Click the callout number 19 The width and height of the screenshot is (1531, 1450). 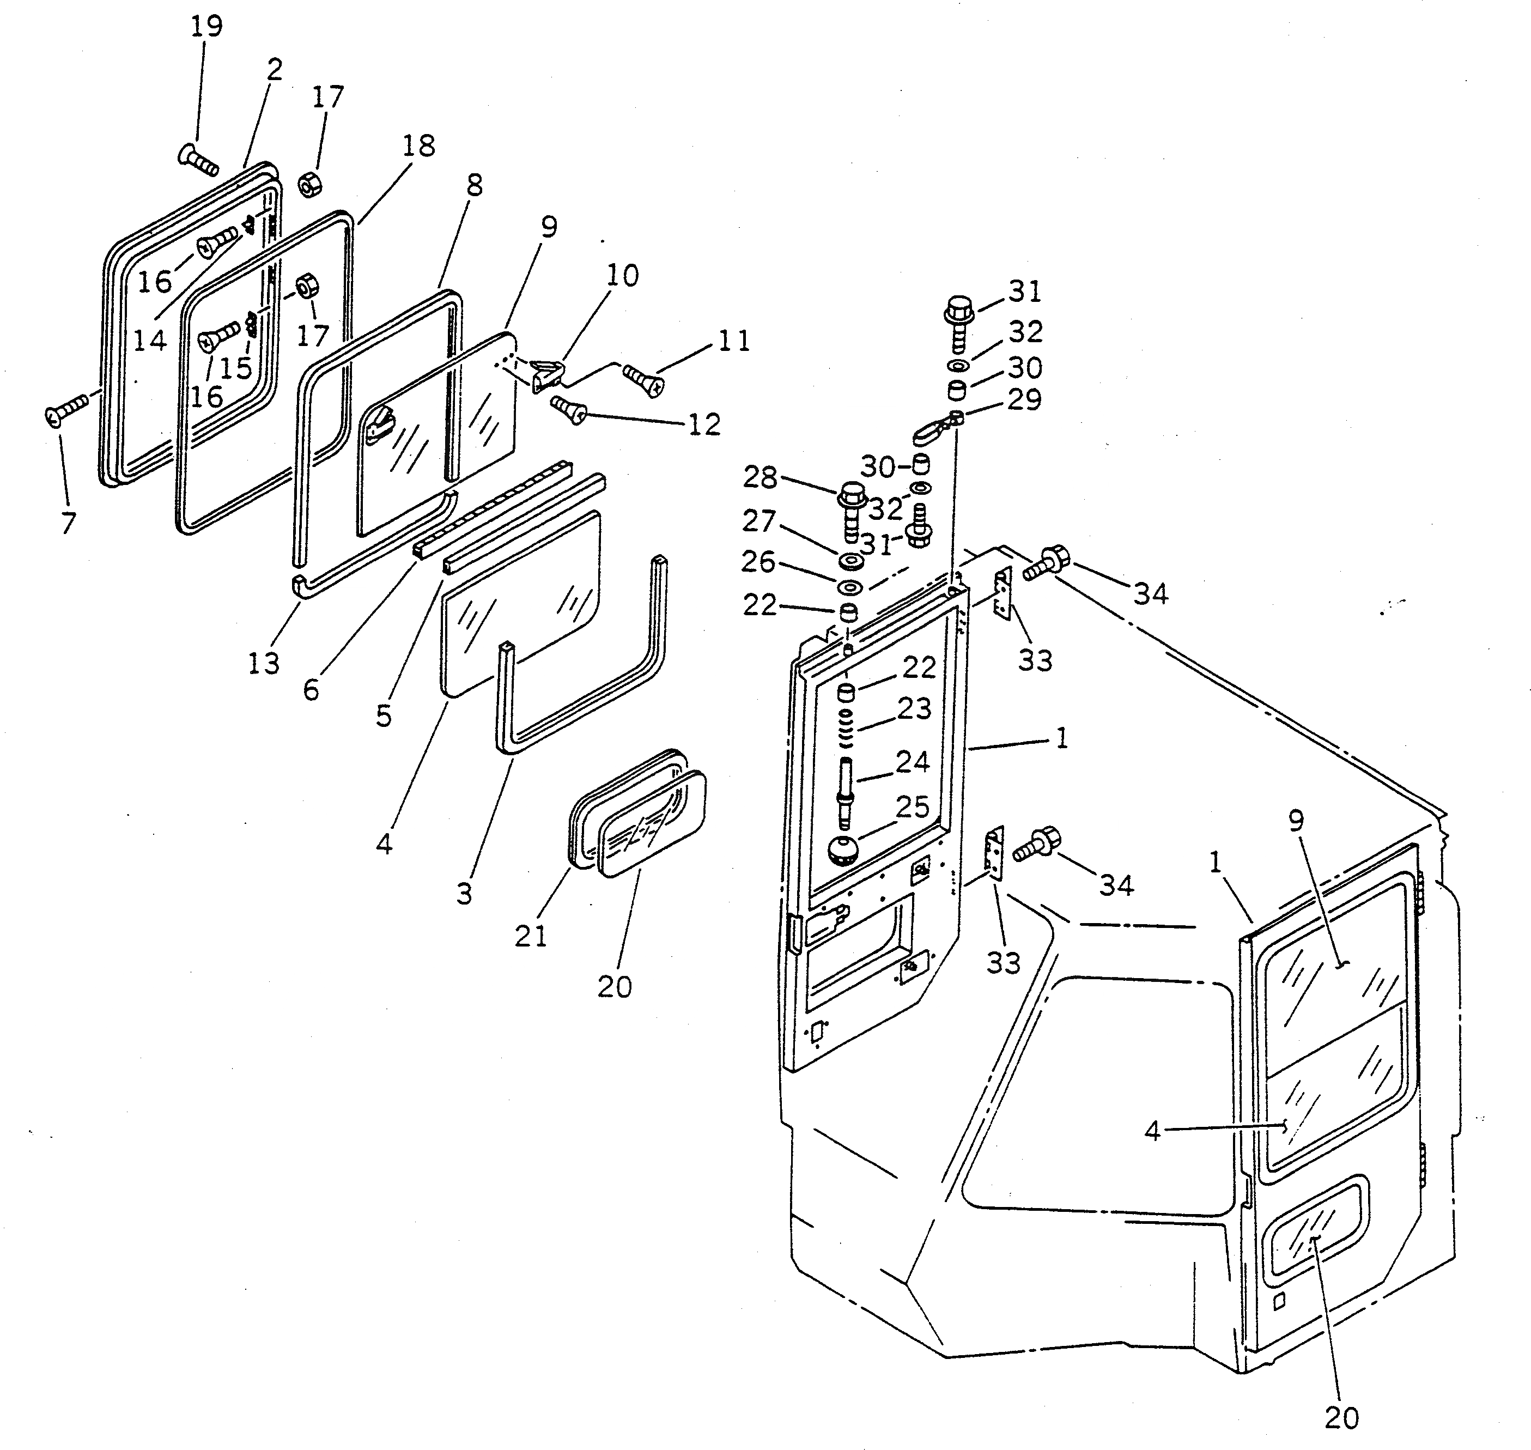click(206, 26)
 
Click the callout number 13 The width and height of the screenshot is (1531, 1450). click(264, 663)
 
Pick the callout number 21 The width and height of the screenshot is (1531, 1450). click(531, 936)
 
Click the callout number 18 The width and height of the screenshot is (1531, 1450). click(418, 145)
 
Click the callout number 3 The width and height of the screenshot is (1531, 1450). click(464, 894)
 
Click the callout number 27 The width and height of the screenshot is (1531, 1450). click(758, 521)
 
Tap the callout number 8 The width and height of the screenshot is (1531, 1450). click(474, 185)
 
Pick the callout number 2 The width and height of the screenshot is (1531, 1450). click(275, 70)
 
